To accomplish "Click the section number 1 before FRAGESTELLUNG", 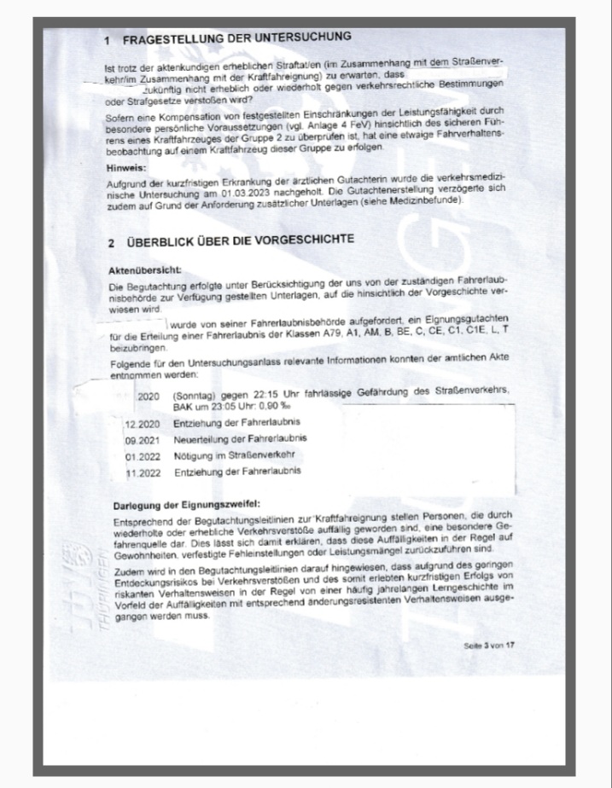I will click(x=107, y=40).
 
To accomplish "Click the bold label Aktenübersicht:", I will click(x=141, y=269).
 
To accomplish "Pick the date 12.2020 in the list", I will click(x=143, y=423).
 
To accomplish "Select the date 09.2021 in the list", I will click(x=143, y=439).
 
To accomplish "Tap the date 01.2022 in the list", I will click(x=143, y=455).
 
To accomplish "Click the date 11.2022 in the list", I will click(x=143, y=472).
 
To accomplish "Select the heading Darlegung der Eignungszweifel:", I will click(x=186, y=502).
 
